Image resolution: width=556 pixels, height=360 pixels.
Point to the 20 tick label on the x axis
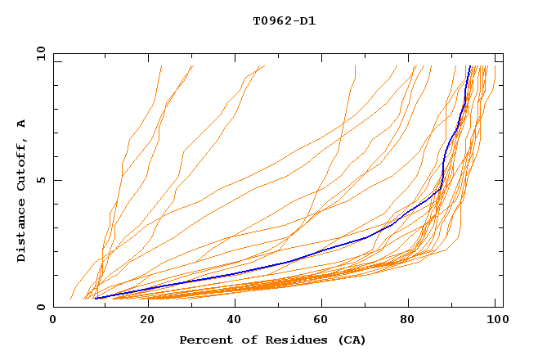pyautogui.click(x=146, y=320)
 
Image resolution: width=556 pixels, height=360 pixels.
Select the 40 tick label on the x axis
pyautogui.click(x=235, y=320)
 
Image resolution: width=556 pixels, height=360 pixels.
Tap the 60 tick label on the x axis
pyautogui.click(x=323, y=320)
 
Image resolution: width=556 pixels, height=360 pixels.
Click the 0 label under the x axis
pyautogui.click(x=53, y=320)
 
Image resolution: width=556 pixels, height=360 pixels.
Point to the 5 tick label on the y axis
pyautogui.click(x=40, y=180)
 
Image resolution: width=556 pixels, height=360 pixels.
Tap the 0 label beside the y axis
pyautogui.click(x=40, y=307)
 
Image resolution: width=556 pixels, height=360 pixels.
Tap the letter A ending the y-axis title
pyautogui.click(x=21, y=123)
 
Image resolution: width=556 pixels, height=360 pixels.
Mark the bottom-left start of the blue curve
pyautogui.click(x=95, y=298)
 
